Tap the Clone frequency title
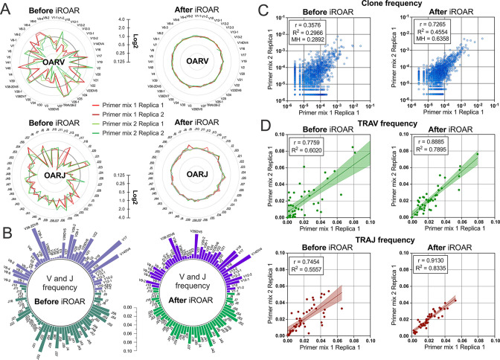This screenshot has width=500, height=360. pos(382,7)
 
